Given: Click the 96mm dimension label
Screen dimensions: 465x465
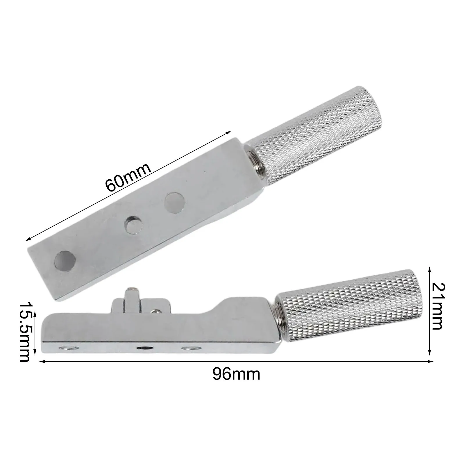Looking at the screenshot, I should coord(236,374).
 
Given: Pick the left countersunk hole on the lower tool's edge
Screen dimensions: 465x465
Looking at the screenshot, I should coord(67,348).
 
